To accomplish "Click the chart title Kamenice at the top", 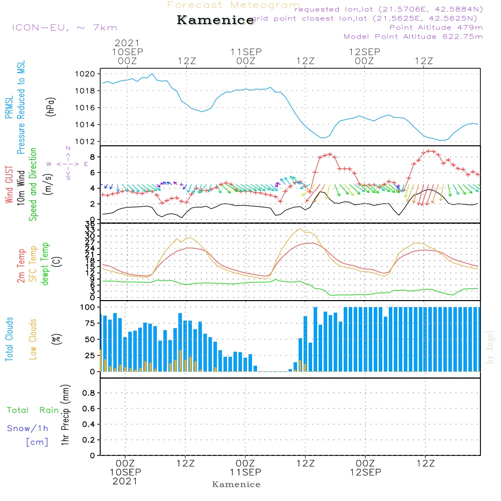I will (x=215, y=21).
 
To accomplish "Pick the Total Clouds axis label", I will (x=9, y=339).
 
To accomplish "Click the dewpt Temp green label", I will (x=45, y=265).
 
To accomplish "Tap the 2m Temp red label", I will (x=21, y=265).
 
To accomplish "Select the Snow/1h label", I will (x=28, y=428).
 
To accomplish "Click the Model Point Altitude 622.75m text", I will (x=413, y=37).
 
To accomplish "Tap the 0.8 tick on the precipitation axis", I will (x=89, y=393).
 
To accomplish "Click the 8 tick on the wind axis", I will (x=92, y=157).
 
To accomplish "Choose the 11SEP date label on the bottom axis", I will (x=245, y=472).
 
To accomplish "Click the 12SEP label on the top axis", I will (x=364, y=52).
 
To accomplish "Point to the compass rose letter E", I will (x=86, y=164).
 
